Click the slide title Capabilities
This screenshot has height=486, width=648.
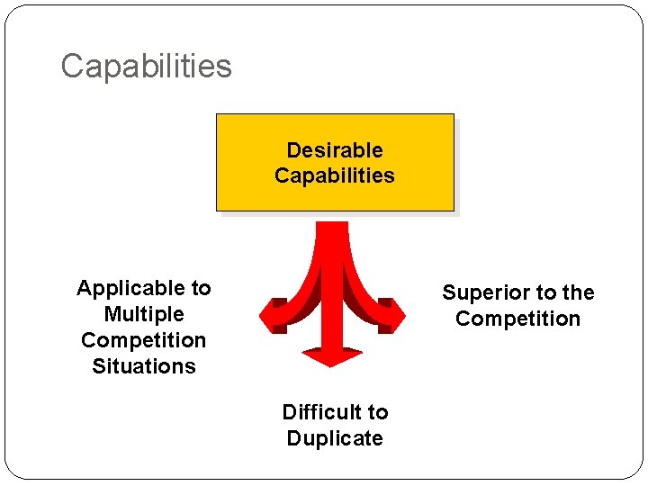[x=146, y=66]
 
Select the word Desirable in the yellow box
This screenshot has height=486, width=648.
[x=335, y=150]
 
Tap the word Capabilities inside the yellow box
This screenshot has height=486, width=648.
[x=335, y=175]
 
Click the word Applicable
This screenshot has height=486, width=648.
[x=121, y=289]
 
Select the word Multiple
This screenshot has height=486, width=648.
[x=144, y=314]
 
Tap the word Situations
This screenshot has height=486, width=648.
[x=144, y=366]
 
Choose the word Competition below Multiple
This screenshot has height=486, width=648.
[x=144, y=340]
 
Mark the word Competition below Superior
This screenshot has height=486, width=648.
[x=518, y=319]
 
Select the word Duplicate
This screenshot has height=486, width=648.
[x=335, y=438]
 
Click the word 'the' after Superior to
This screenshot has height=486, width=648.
[x=578, y=293]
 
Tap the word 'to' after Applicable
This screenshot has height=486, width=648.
[x=200, y=289]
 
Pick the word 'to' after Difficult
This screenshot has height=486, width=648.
[x=377, y=412]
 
